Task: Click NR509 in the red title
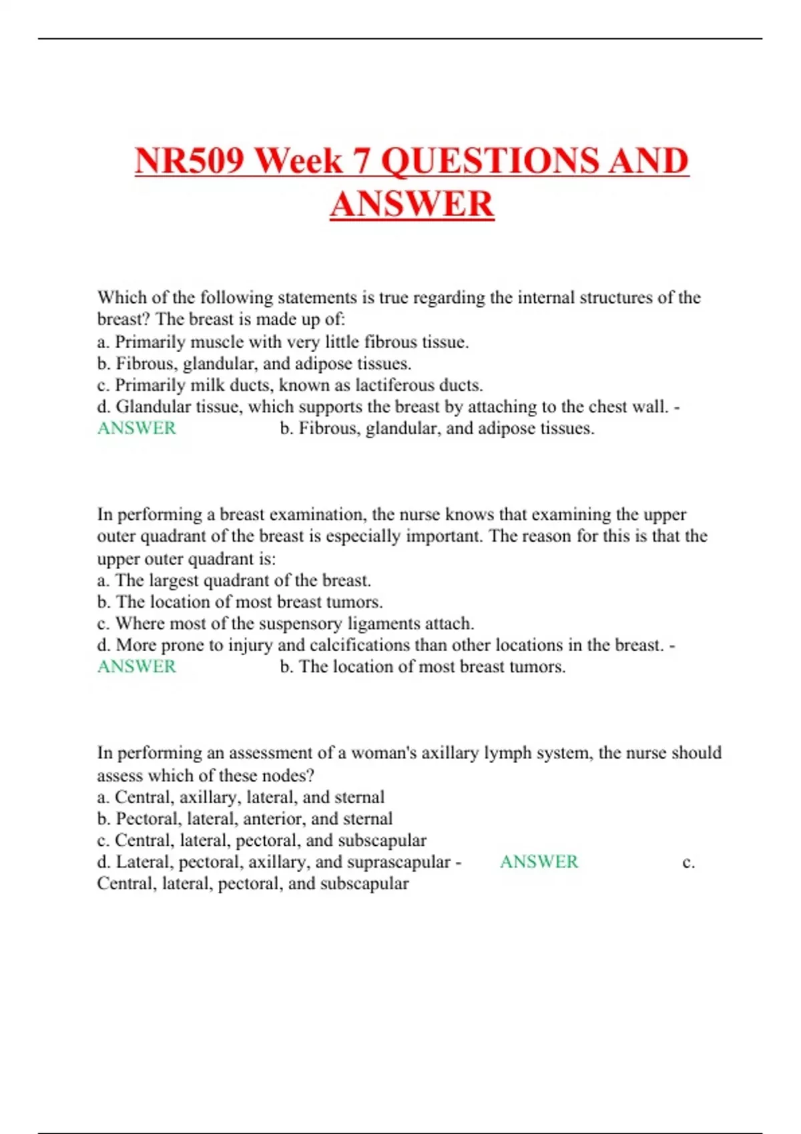188,161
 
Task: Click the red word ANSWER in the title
412,204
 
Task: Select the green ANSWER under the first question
137,428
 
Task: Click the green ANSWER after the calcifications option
137,666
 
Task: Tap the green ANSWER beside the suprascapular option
539,862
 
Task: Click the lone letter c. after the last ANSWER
689,863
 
